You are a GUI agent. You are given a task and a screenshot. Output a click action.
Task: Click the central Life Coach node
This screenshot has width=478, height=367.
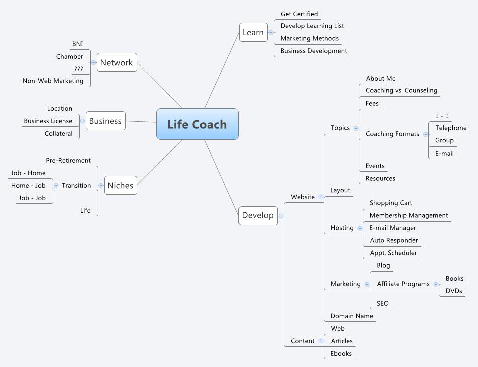pos(197,124)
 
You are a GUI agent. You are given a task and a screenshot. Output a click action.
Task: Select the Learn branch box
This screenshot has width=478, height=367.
pos(253,32)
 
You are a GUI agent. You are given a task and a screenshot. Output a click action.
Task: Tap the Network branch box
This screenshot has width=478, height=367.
pos(116,62)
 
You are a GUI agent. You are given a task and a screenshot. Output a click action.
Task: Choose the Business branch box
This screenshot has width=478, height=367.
pos(105,121)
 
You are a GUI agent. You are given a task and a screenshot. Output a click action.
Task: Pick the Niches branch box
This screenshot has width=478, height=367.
pos(120,185)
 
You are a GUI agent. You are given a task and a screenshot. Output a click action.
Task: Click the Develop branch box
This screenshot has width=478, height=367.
pos(258,215)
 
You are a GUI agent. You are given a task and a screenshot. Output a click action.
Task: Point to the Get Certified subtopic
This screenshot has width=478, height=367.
pos(299,14)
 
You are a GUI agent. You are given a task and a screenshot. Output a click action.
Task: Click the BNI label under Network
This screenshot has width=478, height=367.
pos(77,44)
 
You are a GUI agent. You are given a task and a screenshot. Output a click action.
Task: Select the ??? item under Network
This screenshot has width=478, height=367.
pos(78,69)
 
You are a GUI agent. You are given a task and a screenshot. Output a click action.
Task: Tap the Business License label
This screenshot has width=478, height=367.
pos(48,121)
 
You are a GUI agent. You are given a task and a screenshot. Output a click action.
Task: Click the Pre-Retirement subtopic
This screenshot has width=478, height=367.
pos(68,160)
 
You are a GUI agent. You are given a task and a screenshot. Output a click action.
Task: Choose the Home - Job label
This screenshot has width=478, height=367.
pos(28,185)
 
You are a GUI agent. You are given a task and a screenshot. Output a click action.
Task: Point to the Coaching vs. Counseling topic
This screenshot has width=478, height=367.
pos(401,90)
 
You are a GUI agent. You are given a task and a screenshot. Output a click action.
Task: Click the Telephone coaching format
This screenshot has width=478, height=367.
pos(451,128)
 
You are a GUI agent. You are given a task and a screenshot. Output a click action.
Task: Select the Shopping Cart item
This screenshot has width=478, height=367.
pos(391,203)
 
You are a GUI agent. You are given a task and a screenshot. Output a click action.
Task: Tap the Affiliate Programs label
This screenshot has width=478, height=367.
pos(403,284)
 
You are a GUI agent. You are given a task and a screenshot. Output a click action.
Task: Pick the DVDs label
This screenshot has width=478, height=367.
pos(454,291)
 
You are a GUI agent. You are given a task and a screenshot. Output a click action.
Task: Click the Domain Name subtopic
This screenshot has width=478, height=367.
pos(352,316)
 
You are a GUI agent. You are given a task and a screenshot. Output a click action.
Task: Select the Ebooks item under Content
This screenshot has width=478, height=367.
pos(341,353)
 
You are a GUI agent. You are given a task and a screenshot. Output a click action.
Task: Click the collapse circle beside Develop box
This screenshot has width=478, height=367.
pos(281,216)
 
